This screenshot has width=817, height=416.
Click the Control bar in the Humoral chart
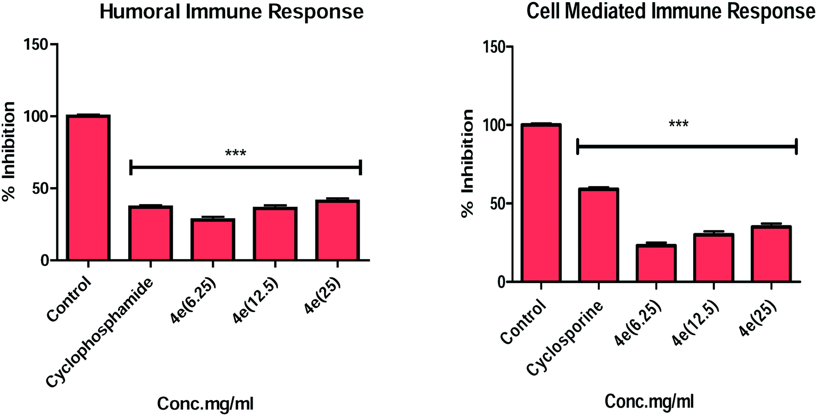88,188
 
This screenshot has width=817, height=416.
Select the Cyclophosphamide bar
151,233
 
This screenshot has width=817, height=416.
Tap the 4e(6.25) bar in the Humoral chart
213,239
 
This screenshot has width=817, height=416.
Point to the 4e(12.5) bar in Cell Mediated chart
713,258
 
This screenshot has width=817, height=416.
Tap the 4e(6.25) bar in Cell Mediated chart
656,263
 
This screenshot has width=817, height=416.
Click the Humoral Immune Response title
231,12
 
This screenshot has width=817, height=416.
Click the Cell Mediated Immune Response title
671,12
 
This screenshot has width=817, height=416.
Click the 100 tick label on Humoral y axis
35,117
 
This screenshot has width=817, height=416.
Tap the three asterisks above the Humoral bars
236,154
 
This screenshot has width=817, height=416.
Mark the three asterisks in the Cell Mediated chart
678,125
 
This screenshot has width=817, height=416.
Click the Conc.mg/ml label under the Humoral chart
205,404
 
